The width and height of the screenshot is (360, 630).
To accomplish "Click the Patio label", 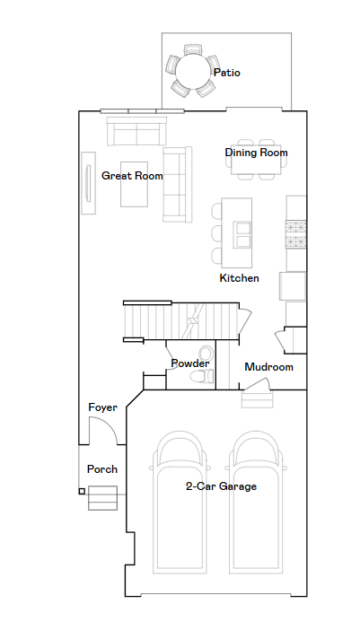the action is (227, 73).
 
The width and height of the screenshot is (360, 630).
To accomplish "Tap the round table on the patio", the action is (193, 72).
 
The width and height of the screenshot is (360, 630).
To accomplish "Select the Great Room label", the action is (132, 176).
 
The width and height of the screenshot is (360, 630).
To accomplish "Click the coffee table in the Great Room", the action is (134, 184).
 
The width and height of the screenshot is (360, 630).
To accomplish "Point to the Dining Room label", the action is (257, 153).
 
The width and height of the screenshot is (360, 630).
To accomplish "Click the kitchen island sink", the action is (242, 234).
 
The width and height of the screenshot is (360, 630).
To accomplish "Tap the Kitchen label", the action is (240, 278).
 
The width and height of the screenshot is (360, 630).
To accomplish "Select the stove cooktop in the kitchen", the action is (295, 234).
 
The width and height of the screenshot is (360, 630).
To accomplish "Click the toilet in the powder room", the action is (202, 376).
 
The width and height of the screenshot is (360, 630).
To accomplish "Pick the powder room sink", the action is (206, 354).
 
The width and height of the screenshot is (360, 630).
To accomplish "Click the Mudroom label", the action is (268, 367).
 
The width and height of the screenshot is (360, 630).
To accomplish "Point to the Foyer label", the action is (103, 407).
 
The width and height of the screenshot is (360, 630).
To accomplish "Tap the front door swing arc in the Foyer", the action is (108, 423).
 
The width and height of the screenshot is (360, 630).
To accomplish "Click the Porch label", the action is (102, 469).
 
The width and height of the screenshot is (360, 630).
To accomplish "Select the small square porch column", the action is (82, 491).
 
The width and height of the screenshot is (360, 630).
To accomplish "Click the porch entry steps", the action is (103, 498).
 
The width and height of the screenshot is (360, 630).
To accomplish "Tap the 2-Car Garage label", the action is (221, 486).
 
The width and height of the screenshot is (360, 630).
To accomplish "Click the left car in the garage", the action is (180, 503).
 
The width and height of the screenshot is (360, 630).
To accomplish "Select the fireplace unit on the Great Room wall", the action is (89, 183).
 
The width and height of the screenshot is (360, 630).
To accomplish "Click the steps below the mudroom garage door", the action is (257, 398).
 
